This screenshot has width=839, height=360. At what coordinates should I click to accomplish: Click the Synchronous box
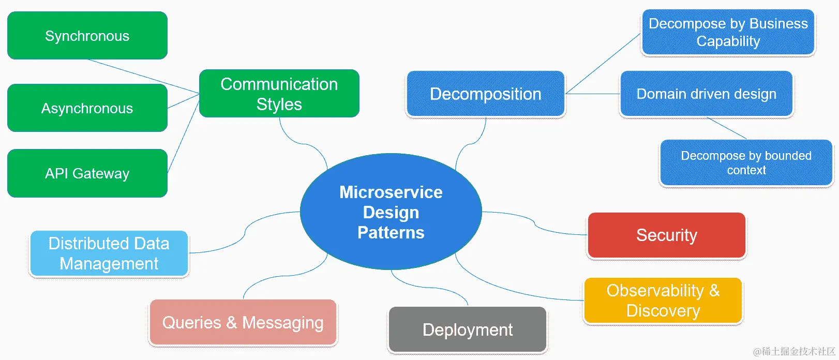tap(87, 36)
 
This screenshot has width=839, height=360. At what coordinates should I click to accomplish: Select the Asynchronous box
tap(87, 108)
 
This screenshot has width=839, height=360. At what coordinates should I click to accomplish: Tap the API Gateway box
tap(87, 173)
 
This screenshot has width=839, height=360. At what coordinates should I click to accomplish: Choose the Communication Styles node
tap(279, 94)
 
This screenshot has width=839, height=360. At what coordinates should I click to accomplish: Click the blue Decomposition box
tap(485, 94)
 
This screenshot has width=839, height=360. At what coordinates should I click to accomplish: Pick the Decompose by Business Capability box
tap(728, 32)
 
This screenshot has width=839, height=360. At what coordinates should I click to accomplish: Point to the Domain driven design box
tap(706, 94)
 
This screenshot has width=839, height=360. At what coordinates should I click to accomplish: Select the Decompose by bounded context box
tap(746, 163)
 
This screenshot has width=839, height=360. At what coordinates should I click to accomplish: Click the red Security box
tap(666, 235)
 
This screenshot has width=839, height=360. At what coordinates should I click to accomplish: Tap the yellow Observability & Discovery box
tap(663, 301)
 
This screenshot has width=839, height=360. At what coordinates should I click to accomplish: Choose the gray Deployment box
tap(468, 329)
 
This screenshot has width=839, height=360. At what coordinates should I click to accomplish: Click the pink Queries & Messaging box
tap(243, 322)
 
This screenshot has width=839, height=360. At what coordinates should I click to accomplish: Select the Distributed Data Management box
tap(109, 253)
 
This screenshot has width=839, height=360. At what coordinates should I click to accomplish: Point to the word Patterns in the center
tap(391, 233)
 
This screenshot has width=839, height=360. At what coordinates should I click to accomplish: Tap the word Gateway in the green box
tap(101, 173)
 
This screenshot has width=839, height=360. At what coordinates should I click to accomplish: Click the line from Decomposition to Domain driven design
tap(593, 94)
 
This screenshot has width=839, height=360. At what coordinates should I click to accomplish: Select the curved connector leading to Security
tap(535, 224)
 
